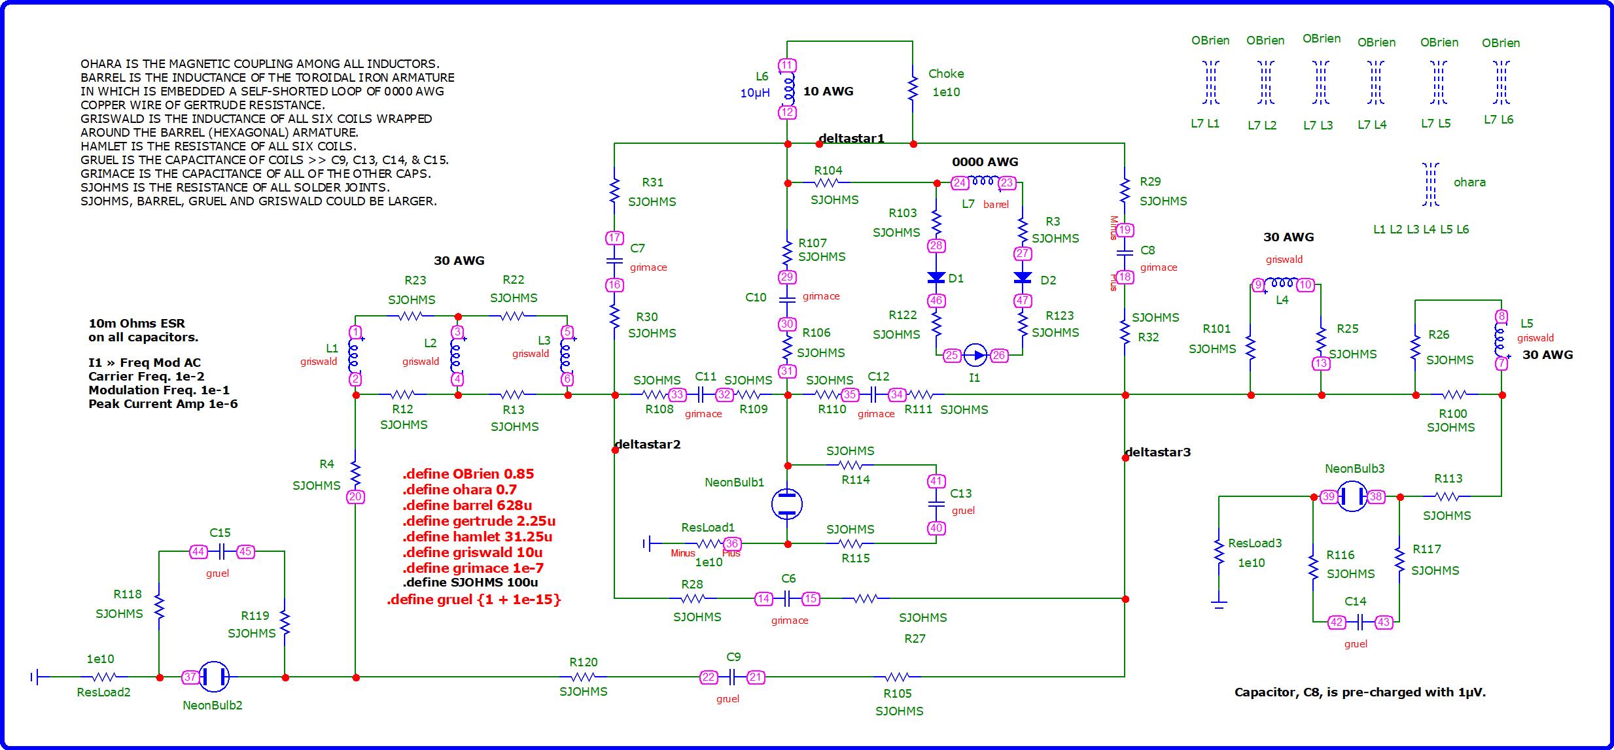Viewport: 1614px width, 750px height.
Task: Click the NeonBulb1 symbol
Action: click(787, 504)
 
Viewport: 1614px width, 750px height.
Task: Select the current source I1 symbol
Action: click(975, 356)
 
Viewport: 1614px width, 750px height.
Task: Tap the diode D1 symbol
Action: click(936, 278)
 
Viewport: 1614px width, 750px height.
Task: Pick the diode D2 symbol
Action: click(1023, 278)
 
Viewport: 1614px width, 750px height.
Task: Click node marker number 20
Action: click(355, 497)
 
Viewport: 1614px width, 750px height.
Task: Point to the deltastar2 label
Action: click(648, 445)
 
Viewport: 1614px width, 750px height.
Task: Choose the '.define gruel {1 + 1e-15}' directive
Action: click(474, 600)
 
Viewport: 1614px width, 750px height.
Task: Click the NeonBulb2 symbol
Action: click(213, 677)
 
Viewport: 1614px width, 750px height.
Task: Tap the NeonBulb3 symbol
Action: click(1352, 496)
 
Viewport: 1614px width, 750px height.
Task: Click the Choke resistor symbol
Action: click(913, 89)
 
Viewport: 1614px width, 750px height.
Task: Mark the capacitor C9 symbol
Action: click(733, 677)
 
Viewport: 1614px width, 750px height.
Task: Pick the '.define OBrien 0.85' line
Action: click(468, 474)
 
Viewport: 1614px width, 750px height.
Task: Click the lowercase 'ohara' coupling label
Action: click(1469, 182)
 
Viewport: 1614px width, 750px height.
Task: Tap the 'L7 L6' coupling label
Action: click(1498, 120)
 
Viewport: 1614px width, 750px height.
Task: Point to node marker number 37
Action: click(190, 677)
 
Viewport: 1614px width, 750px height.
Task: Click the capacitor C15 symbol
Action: click(222, 552)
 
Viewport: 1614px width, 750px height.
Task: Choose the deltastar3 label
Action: click(1158, 452)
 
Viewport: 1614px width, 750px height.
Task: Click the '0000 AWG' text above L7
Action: click(985, 162)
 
